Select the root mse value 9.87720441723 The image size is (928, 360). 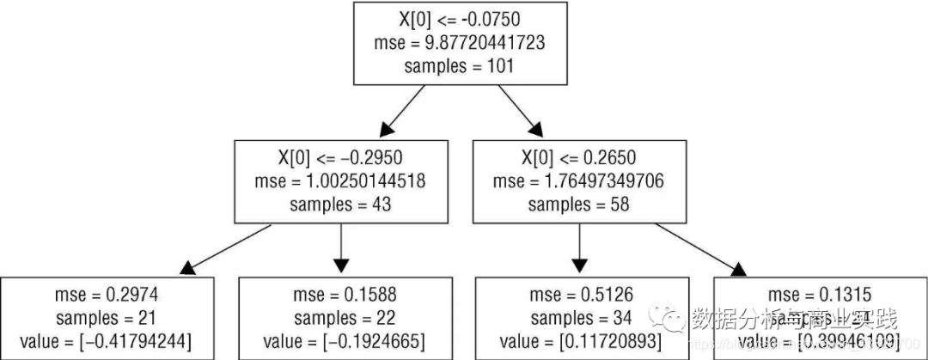(x=460, y=42)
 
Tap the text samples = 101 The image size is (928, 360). (x=460, y=66)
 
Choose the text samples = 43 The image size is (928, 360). (x=341, y=204)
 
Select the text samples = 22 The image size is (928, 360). (x=341, y=319)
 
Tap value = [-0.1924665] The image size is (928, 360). (x=341, y=343)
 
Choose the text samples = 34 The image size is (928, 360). (x=580, y=319)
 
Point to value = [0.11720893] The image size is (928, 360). (x=580, y=343)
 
